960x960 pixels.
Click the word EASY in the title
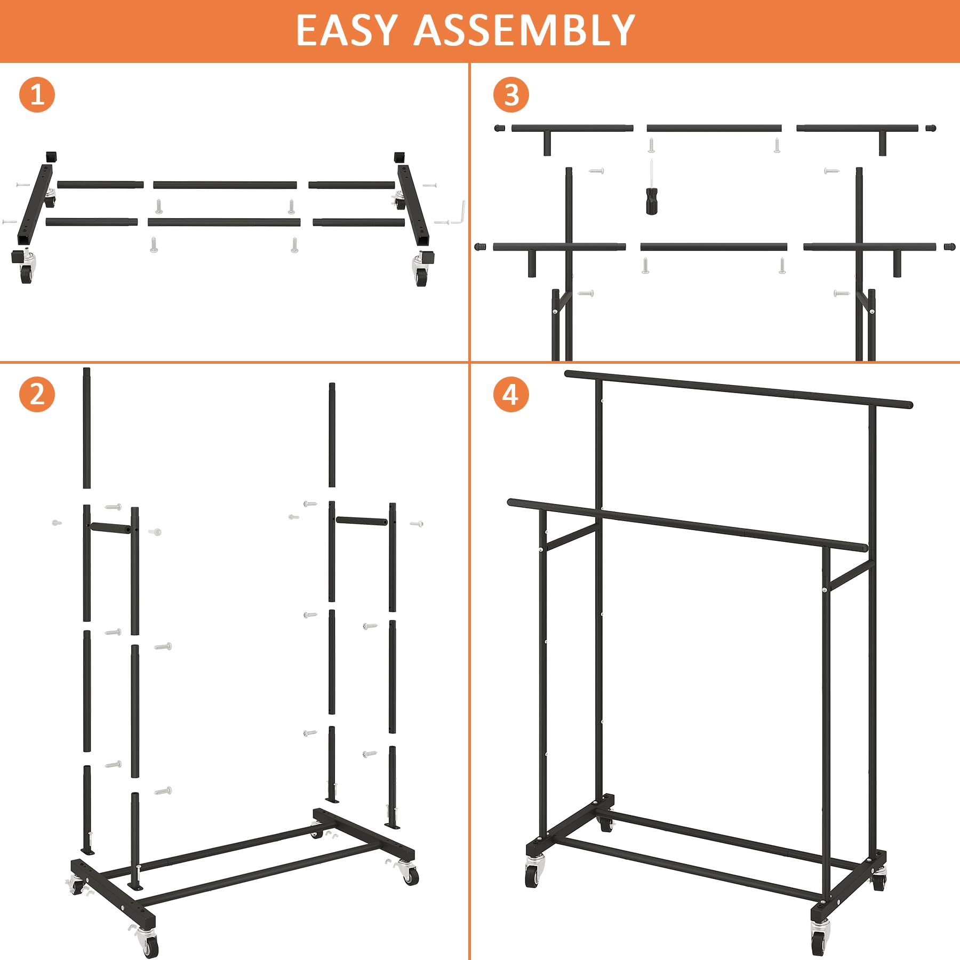347,30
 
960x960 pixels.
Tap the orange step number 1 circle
37,94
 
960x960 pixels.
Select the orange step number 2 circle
37,394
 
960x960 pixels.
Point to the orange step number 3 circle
511,94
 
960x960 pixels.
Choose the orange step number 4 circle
511,394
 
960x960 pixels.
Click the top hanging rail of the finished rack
739,389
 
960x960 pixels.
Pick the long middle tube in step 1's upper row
225,185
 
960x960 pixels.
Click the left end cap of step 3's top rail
500,128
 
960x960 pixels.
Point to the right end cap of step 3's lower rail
949,247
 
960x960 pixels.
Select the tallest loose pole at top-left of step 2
86,427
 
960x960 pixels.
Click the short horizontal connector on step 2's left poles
111,527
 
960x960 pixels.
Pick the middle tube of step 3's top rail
714,128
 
